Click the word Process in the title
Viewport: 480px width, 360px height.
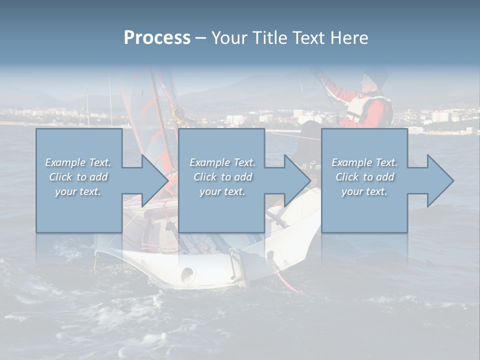[x=157, y=38]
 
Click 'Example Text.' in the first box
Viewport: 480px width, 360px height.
[x=78, y=162]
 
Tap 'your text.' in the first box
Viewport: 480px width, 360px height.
[x=78, y=191]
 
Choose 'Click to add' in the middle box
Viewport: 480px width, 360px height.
[x=222, y=177]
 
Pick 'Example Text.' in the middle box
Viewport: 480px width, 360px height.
[x=222, y=162]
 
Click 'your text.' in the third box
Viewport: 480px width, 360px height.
[x=364, y=191]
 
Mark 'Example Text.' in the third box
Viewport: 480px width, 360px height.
[x=364, y=162]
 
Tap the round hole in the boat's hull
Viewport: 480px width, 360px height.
[x=187, y=273]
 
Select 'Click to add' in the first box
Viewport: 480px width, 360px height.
[x=78, y=177]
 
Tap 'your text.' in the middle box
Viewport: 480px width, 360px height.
[x=222, y=191]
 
